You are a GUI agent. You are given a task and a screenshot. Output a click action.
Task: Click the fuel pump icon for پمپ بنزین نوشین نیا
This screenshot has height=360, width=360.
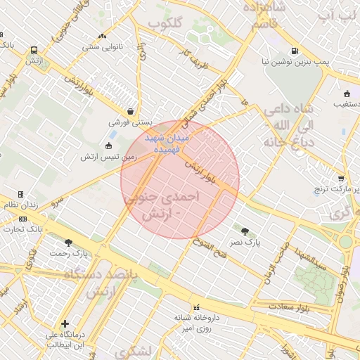[x=293, y=51]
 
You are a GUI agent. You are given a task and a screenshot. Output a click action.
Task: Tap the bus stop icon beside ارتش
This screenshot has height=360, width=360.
[x=34, y=50]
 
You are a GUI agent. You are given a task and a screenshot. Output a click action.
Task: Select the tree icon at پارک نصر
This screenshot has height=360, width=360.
[x=245, y=231]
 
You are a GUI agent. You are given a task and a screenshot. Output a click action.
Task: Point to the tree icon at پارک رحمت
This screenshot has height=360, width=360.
[x=68, y=242]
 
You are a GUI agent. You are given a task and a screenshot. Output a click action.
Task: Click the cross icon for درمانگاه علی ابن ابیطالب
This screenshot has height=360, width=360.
[x=65, y=324]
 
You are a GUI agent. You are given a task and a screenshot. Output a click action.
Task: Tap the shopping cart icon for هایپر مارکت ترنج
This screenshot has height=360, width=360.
[x=341, y=179]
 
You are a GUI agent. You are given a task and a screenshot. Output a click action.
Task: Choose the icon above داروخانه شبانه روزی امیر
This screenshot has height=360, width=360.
[x=196, y=307]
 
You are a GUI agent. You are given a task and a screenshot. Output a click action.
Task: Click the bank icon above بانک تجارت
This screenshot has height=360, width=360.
[x=20, y=219]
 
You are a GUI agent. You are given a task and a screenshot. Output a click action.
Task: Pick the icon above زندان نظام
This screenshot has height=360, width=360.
[x=20, y=194]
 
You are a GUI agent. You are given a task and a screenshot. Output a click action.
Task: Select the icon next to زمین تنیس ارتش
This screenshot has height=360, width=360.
[x=108, y=146]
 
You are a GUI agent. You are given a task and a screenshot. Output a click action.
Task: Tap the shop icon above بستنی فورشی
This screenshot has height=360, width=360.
[x=131, y=111]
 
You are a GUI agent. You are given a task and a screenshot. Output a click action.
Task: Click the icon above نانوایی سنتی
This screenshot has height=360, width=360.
[x=103, y=36]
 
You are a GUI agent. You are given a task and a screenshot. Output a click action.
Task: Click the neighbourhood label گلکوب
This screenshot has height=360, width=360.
[x=165, y=23]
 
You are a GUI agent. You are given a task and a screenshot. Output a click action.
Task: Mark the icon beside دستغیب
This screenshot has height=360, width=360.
[x=347, y=94]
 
